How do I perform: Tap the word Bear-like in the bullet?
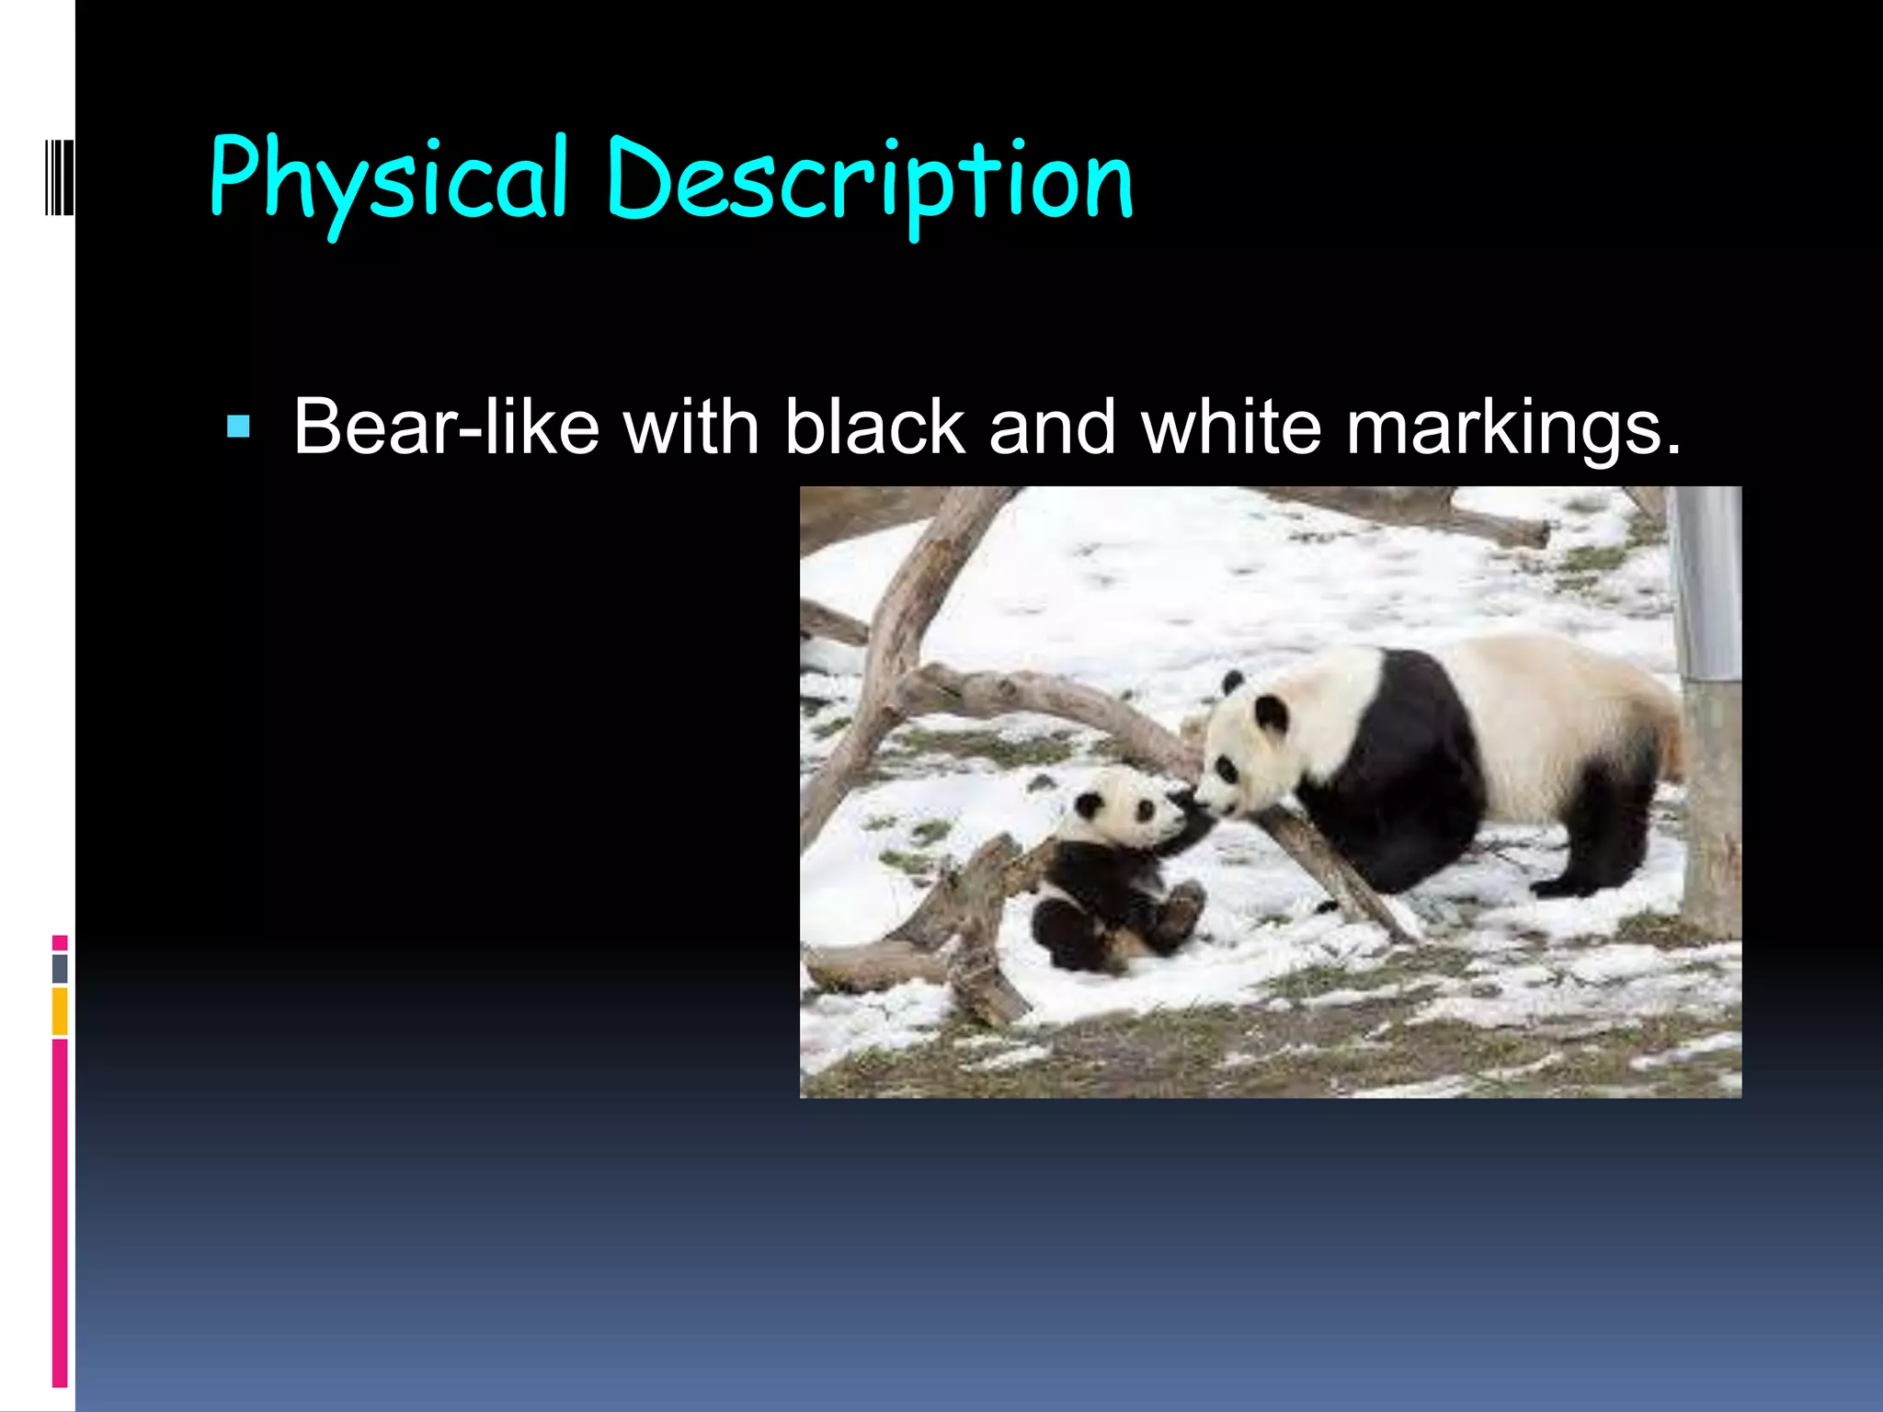pos(446,427)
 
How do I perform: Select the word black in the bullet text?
pos(874,427)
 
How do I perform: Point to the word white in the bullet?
pos(1231,427)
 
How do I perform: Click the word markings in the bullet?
pos(1512,428)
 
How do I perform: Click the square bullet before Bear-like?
pos(238,427)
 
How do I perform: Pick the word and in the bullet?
pos(1053,427)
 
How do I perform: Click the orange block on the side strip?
pos(60,1011)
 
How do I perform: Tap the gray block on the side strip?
pos(60,968)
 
